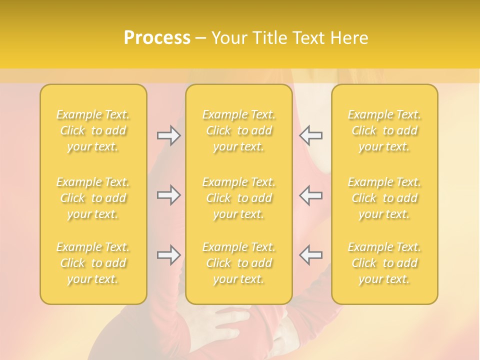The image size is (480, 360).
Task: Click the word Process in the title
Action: [157, 38]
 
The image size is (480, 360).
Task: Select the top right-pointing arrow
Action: [168, 135]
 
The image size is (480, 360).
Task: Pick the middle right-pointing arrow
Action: [168, 195]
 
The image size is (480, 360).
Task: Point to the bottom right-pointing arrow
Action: [168, 255]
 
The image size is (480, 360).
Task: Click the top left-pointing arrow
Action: [311, 135]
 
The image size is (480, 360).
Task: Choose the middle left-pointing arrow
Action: [311, 195]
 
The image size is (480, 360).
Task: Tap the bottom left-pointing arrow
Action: [311, 255]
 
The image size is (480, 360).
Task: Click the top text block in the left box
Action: [93, 130]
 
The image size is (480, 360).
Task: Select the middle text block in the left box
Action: [93, 198]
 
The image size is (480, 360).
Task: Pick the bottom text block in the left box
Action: [93, 263]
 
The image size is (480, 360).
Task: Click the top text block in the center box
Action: [239, 130]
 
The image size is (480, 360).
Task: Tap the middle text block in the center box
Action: [239, 198]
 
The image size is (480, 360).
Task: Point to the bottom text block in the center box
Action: [239, 263]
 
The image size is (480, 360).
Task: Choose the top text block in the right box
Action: [384, 130]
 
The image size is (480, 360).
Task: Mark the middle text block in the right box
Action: [384, 198]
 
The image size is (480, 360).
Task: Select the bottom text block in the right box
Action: [384, 263]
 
